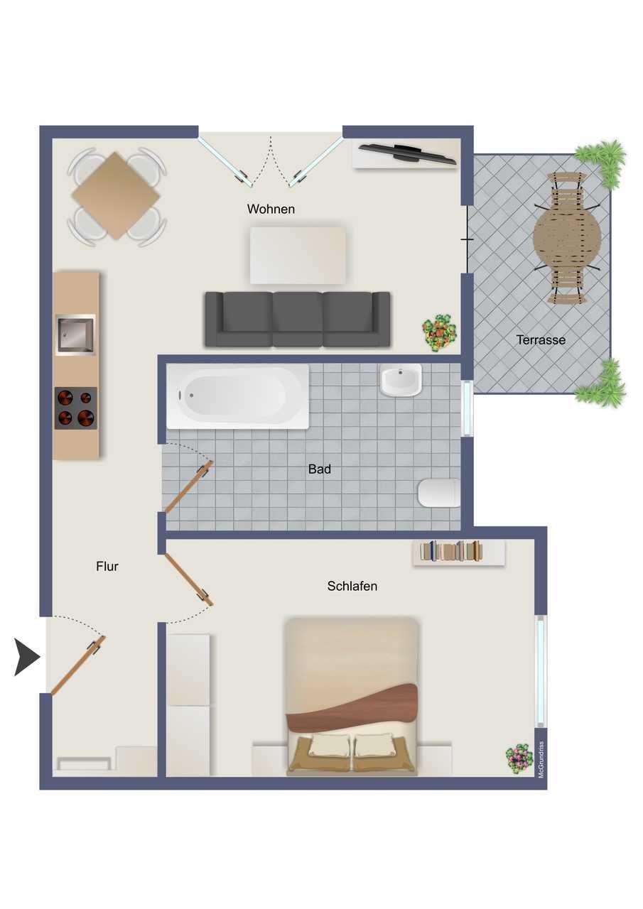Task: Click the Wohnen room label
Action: (271, 209)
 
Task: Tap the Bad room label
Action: (320, 469)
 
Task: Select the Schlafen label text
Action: (352, 586)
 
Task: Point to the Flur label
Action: (107, 566)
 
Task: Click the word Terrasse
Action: (541, 339)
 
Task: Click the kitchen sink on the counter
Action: (75, 334)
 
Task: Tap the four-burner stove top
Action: (76, 408)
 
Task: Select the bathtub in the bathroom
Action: (237, 396)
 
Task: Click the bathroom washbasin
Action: (401, 380)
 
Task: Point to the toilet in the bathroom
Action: (439, 493)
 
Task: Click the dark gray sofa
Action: (298, 320)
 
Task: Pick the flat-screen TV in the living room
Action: (408, 154)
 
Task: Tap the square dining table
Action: (116, 195)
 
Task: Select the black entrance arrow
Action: (27, 657)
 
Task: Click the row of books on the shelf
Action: (451, 551)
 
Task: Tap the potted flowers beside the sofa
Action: (439, 332)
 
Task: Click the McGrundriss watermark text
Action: (541, 760)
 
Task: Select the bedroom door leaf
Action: (189, 580)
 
